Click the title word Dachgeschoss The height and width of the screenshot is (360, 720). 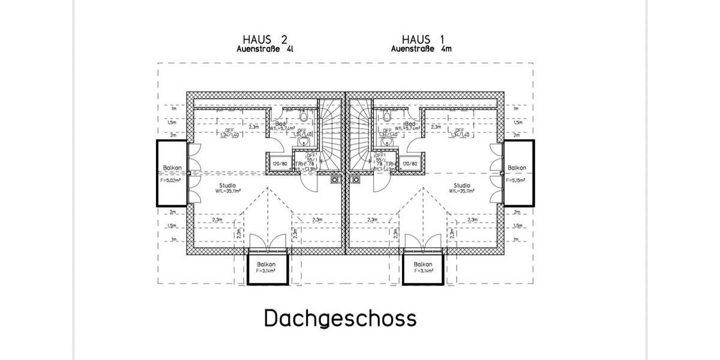(x=340, y=318)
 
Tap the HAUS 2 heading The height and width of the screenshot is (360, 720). (x=265, y=41)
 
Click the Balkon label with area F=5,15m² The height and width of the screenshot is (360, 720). (x=517, y=172)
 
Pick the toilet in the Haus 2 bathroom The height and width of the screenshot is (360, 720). (x=304, y=116)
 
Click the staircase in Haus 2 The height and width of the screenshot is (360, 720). (x=329, y=135)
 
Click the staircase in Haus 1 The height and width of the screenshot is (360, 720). (x=361, y=135)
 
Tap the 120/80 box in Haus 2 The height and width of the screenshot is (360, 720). (x=280, y=163)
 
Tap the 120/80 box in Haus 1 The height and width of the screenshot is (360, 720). (x=410, y=163)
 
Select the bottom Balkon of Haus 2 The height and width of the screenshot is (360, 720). (x=268, y=268)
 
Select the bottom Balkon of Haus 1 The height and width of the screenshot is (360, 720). (x=424, y=268)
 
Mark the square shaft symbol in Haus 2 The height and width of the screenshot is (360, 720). (x=334, y=178)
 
